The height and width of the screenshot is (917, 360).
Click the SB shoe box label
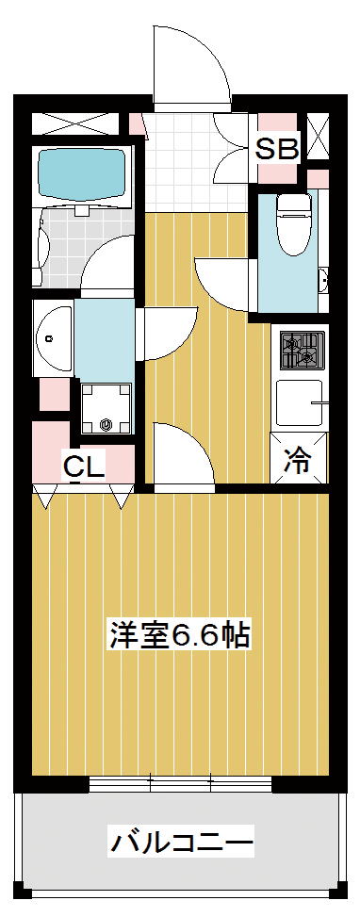pos(278,150)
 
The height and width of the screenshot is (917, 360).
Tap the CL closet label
pos(84,467)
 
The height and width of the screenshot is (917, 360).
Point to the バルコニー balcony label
pos(182,843)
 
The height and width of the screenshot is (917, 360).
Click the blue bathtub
pos(81,173)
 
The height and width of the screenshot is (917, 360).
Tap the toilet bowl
pos(293,224)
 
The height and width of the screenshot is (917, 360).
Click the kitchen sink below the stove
pos(300,402)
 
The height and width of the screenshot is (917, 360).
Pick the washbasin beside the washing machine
pos(53,337)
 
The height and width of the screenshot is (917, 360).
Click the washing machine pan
pos(106,408)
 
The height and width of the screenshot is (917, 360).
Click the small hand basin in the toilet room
pos(323,282)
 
